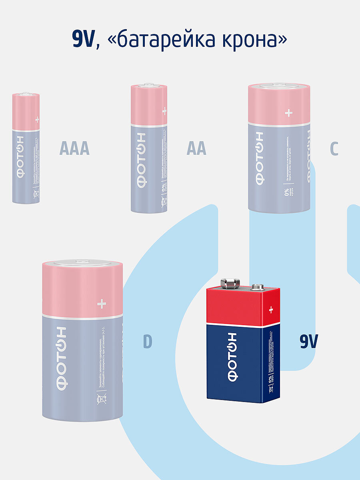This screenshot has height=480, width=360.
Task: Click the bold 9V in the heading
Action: tap(83, 40)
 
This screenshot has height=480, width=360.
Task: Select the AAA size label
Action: tap(74, 149)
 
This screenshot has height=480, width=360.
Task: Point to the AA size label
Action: tap(196, 149)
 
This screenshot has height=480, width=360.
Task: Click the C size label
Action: tap(334, 149)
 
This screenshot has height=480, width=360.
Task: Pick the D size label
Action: tap(148, 342)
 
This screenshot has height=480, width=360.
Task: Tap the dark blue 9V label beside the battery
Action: tap(309, 342)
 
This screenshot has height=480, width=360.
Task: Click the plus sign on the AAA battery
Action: tap(37, 119)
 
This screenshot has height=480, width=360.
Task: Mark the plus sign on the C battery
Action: tap(288, 113)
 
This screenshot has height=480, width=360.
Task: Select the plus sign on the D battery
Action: tap(102, 304)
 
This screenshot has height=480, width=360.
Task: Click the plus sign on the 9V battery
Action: tap(271, 310)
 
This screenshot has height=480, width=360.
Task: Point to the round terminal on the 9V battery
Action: tap(256, 287)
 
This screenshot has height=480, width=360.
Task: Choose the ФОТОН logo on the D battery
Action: tap(61, 358)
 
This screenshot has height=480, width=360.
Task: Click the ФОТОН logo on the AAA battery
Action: tap(19, 158)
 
